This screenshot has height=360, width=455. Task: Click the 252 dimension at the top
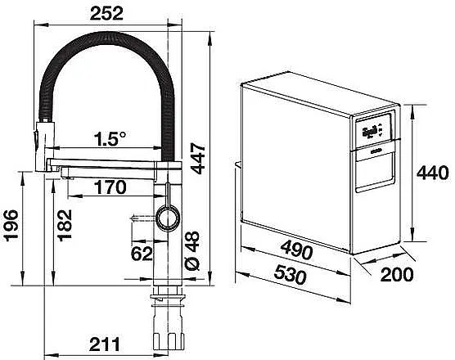click(x=106, y=13)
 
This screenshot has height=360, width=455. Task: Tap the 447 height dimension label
click(x=199, y=159)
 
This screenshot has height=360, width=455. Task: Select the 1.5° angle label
click(x=110, y=139)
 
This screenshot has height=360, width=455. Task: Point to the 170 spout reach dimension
click(x=110, y=187)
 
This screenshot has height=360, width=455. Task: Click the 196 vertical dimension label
click(x=11, y=225)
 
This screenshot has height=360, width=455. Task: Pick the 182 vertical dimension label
click(x=65, y=225)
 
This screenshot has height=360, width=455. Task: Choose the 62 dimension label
click(x=142, y=254)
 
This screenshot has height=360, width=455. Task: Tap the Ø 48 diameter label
click(x=192, y=251)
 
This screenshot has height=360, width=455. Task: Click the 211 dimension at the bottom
click(x=105, y=344)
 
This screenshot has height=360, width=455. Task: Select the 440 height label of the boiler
click(x=433, y=173)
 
